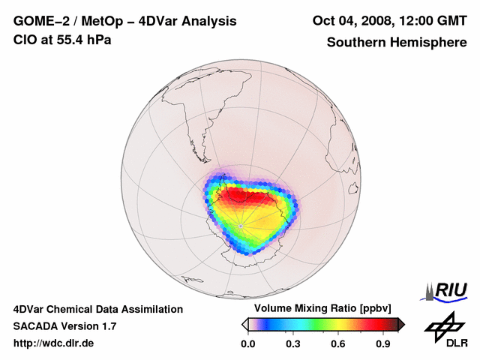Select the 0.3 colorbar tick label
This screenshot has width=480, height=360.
pos(293,343)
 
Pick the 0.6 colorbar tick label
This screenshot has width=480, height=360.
pos(339,343)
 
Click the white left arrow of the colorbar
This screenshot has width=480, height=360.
pos(244,324)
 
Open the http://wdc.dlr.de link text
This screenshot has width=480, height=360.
pos(53,343)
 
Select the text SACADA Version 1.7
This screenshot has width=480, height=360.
pos(64,326)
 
